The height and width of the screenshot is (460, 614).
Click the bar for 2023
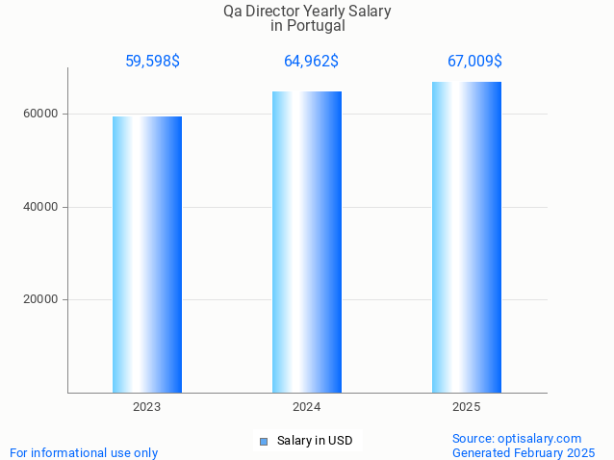tap(147, 254)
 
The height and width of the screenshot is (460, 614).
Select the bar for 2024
tap(307, 242)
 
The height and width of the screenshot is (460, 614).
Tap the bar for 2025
tap(467, 237)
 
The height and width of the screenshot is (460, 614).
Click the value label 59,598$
tap(152, 62)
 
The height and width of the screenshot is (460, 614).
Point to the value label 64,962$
tap(311, 62)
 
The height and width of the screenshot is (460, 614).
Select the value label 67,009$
tap(474, 62)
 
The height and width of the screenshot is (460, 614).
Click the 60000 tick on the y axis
tap(41, 114)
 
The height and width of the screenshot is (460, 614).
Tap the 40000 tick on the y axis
tap(41, 207)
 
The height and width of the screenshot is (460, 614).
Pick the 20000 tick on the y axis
tap(41, 299)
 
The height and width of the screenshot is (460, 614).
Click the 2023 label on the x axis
tap(147, 407)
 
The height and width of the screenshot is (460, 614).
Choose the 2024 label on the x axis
tap(307, 407)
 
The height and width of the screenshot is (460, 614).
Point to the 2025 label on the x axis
tap(467, 407)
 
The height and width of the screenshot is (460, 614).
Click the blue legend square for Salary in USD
tap(264, 442)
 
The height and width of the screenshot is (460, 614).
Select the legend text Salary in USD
tap(315, 441)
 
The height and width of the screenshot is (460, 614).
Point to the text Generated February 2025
tap(524, 452)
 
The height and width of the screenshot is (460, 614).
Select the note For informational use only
tap(84, 452)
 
